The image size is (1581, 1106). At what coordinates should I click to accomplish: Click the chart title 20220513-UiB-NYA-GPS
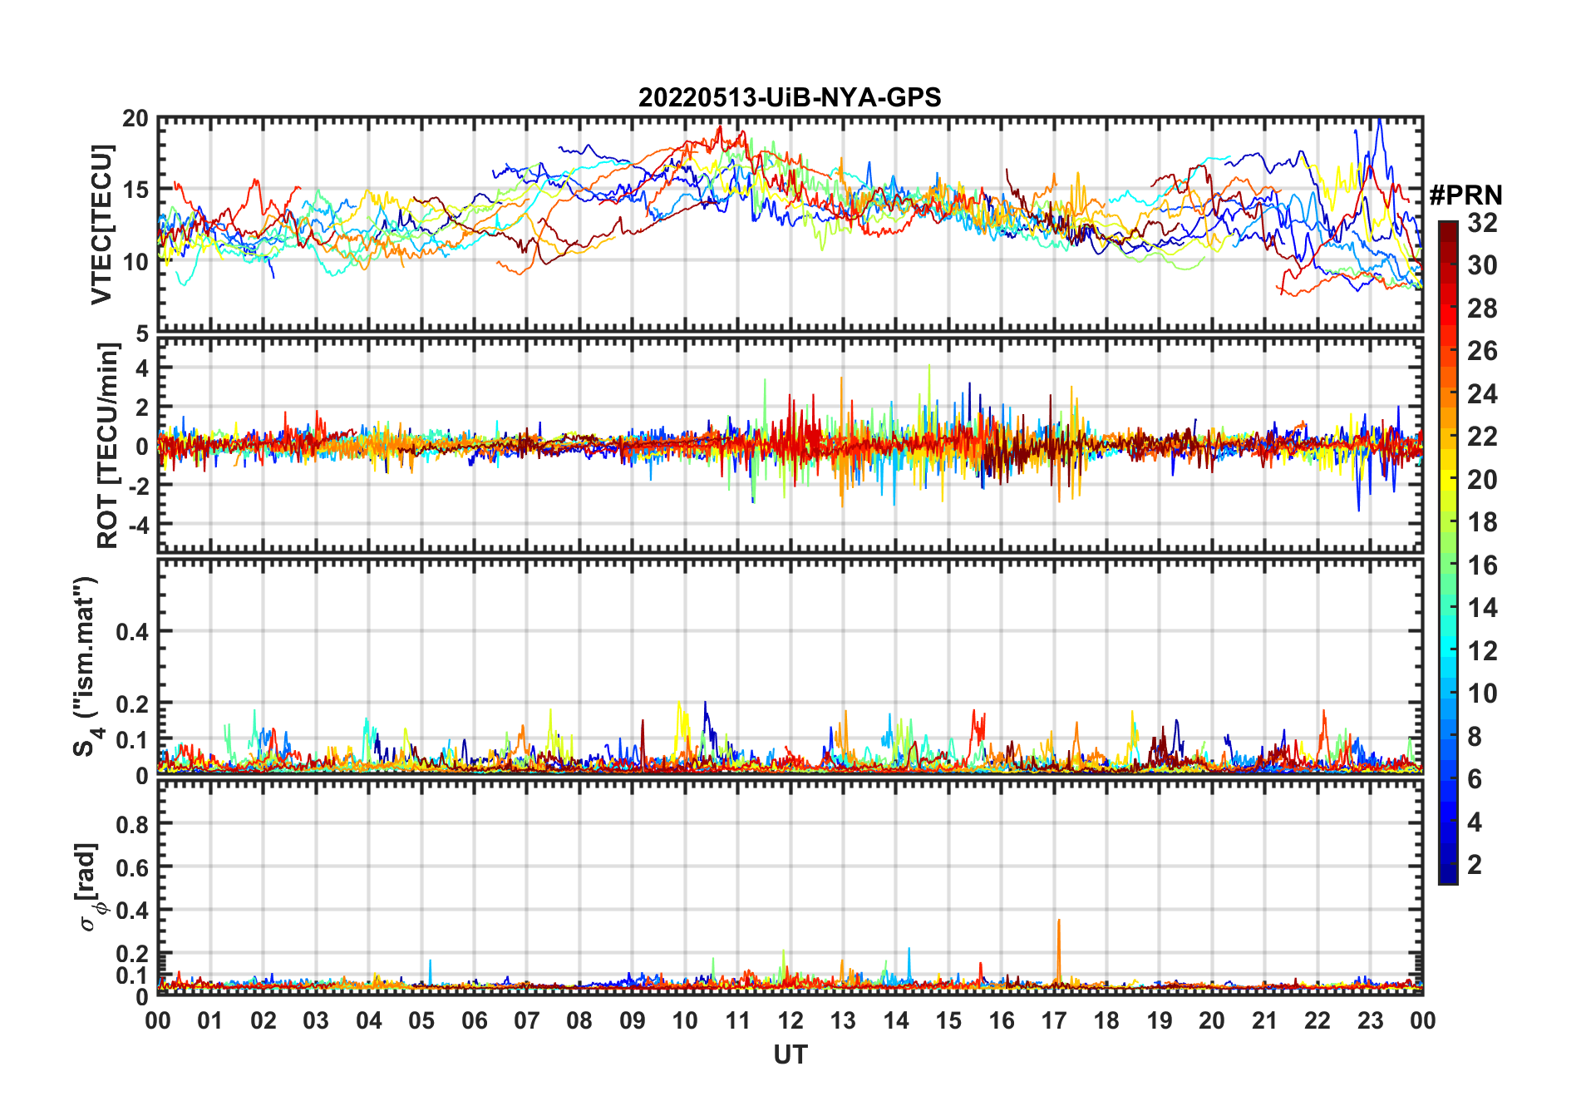coord(790,98)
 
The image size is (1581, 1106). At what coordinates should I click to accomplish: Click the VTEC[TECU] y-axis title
coord(101,225)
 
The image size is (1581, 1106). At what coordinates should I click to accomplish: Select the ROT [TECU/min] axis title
coord(107,446)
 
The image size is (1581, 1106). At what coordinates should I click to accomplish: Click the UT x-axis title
coord(790,1054)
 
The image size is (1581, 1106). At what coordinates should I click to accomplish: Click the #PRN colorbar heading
coord(1465,195)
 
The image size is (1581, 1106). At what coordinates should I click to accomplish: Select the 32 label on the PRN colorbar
coord(1482,223)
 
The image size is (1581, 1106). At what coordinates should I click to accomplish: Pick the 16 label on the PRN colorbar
coord(1482,565)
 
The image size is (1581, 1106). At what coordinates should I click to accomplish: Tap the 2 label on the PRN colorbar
coord(1475,865)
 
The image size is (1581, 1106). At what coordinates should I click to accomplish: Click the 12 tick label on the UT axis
coord(790,1020)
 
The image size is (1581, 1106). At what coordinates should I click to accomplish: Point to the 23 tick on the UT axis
coord(1370,1020)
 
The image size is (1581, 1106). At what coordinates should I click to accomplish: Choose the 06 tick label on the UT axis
coord(475,1020)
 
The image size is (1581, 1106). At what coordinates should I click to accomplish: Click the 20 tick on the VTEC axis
coord(135,119)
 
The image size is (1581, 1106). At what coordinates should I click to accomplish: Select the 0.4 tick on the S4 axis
coord(133,632)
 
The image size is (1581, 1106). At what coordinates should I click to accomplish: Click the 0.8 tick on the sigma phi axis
coord(133,824)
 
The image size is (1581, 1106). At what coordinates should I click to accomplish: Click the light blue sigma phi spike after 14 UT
coord(909,950)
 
